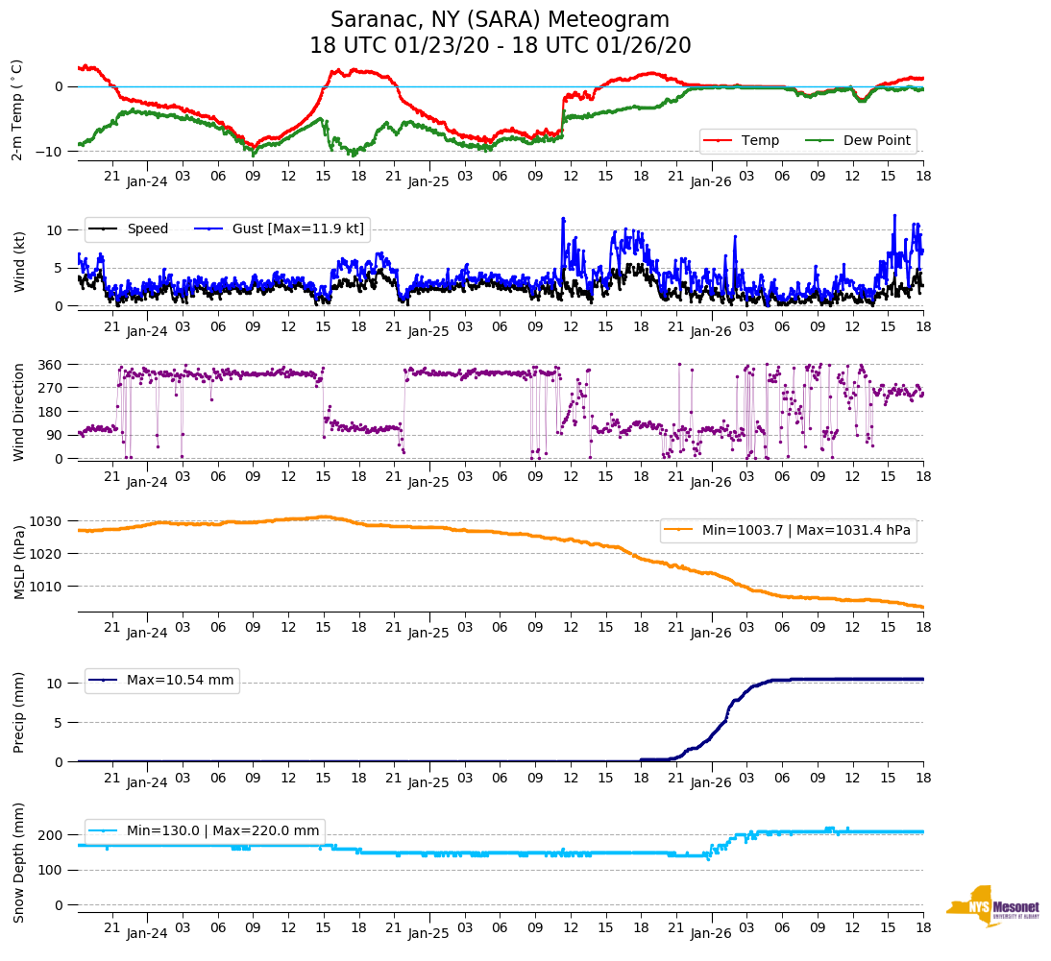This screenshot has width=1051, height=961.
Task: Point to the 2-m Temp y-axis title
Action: [17, 109]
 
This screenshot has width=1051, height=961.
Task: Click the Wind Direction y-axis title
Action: [18, 412]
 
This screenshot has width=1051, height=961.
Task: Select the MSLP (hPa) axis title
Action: [18, 563]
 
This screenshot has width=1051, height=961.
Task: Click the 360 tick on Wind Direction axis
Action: [51, 365]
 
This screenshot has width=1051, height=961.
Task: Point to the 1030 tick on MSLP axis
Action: [48, 521]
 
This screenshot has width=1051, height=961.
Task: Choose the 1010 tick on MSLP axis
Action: [48, 586]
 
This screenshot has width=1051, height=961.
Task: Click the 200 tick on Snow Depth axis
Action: [51, 835]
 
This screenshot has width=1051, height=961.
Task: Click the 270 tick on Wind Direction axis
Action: [51, 388]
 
